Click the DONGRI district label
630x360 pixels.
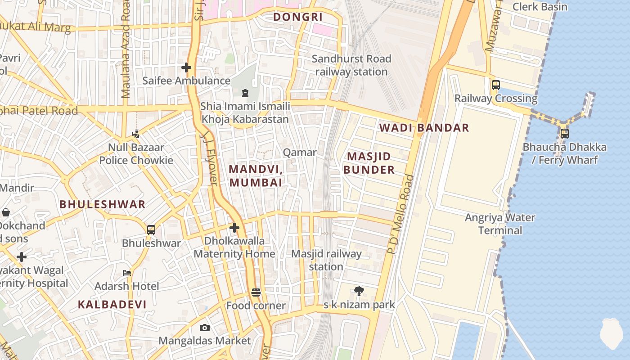click(x=298, y=17)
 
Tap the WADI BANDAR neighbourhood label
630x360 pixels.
click(x=424, y=128)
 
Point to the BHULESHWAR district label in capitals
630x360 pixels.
click(x=103, y=204)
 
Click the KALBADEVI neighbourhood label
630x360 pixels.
click(x=112, y=305)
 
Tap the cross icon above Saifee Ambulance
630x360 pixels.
click(x=186, y=67)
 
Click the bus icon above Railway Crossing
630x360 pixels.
click(x=495, y=85)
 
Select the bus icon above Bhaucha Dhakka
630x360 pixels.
click(x=564, y=134)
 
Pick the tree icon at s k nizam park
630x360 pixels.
click(x=359, y=291)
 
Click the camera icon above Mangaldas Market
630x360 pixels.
click(x=204, y=328)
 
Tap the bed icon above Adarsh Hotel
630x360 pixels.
click(x=127, y=273)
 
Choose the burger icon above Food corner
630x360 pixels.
click(x=256, y=292)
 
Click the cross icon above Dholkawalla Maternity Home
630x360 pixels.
click(x=234, y=228)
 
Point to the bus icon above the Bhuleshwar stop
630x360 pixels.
click(x=151, y=230)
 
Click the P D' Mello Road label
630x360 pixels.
click(x=400, y=214)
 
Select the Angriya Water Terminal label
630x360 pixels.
click(x=499, y=224)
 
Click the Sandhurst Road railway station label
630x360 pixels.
click(x=351, y=65)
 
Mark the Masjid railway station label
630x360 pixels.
click(x=326, y=260)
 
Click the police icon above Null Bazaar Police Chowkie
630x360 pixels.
click(x=136, y=134)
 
